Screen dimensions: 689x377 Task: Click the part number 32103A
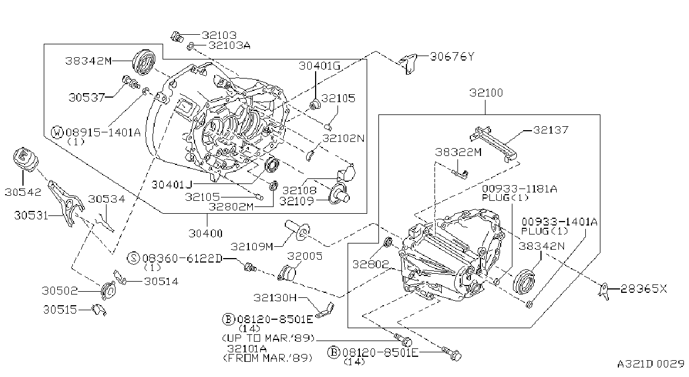pos(229,45)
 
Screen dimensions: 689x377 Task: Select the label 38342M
pos(88,61)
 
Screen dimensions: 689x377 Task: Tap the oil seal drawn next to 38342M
pos(144,62)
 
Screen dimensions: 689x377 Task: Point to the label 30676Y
pos(452,57)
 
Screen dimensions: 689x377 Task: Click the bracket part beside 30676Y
pos(409,64)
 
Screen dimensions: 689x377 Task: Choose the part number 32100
pos(486,93)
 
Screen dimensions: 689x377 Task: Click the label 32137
pos(551,130)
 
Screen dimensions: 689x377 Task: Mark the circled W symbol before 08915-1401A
pos(57,132)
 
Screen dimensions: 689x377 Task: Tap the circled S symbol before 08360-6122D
pos(133,258)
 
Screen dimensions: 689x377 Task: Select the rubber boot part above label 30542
pos(26,159)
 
